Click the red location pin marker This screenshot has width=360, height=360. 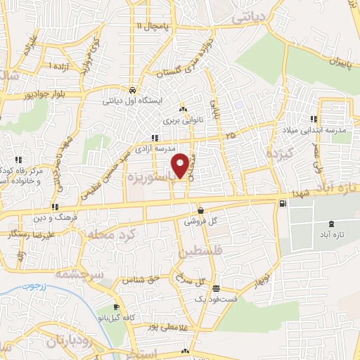coord(181,166)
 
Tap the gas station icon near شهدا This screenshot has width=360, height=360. coord(283,204)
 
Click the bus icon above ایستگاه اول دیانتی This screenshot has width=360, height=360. coord(132,90)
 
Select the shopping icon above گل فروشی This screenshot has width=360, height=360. coord(201,210)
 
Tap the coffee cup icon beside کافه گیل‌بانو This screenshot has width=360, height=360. coord(117,308)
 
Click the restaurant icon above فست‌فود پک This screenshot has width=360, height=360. coord(215,288)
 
